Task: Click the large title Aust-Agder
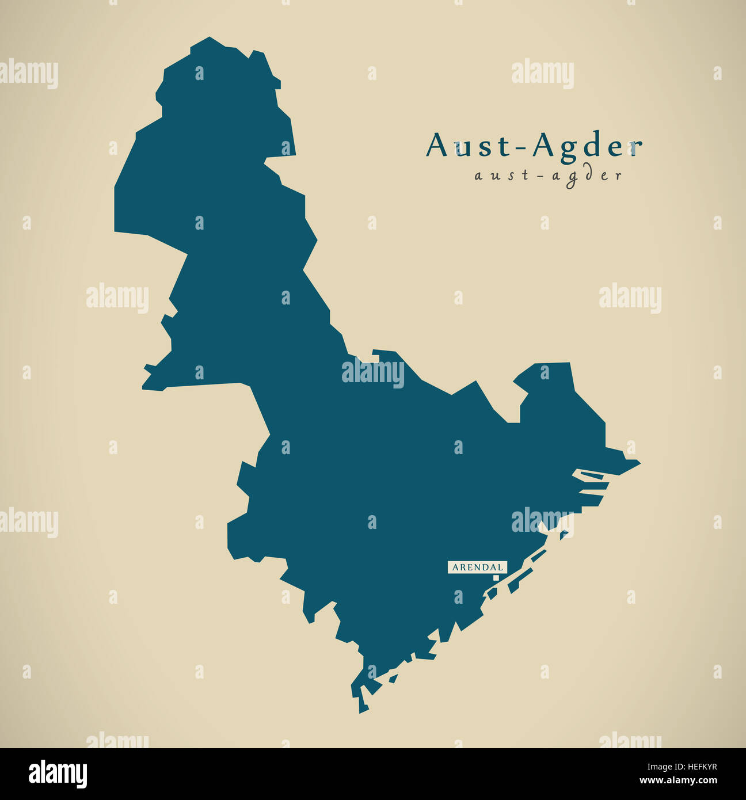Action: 534,145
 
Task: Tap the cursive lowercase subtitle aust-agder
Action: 548,176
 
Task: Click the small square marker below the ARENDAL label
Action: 496,577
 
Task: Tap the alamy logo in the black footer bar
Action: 58,774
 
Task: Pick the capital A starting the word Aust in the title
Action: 436,145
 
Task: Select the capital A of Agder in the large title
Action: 543,145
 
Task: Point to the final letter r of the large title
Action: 635,148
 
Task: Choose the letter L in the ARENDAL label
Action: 500,567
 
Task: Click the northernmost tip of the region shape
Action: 208,38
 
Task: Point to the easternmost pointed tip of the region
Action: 640,462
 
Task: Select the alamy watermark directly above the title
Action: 542,74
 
